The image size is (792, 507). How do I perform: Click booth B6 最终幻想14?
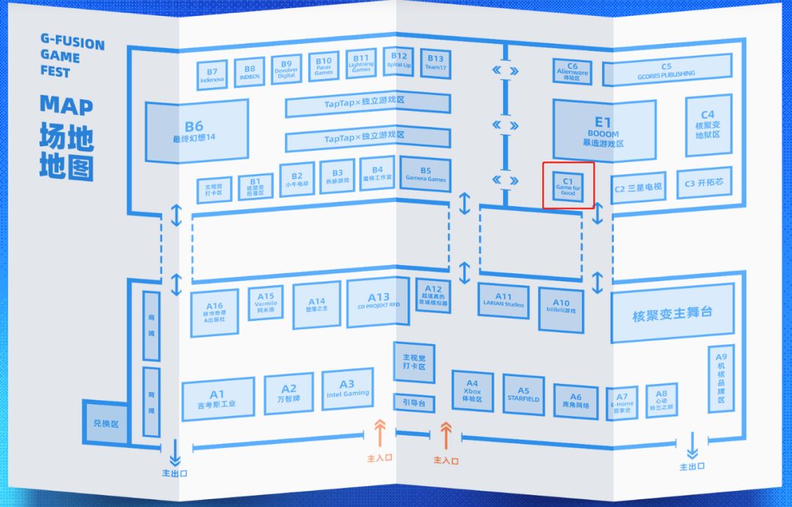(x=196, y=130)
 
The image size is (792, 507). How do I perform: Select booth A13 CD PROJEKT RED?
(x=378, y=302)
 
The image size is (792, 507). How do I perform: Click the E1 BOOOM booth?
(x=602, y=130)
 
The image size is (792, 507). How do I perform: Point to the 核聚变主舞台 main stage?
(x=672, y=314)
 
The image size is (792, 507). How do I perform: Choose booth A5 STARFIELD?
(x=523, y=394)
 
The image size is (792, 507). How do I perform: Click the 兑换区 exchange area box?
(x=106, y=423)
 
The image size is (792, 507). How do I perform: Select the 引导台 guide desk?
(x=414, y=402)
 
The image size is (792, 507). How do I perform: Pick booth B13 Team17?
(x=435, y=63)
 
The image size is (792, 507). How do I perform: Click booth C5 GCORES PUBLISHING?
(x=667, y=70)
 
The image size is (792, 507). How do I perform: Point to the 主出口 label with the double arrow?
(x=692, y=466)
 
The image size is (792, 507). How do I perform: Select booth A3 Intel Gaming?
(x=347, y=389)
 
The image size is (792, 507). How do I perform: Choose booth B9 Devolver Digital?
(x=286, y=70)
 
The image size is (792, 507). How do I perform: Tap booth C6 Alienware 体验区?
(x=573, y=70)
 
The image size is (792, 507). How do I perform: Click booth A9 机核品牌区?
(x=721, y=378)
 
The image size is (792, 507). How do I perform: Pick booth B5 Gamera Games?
(x=425, y=174)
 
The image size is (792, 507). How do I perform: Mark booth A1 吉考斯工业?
(x=217, y=399)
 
